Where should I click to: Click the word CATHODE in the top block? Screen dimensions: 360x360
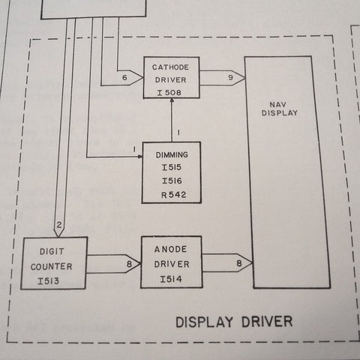170,67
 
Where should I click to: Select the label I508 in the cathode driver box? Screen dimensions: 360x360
169,93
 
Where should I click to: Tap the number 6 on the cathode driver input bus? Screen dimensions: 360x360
124,77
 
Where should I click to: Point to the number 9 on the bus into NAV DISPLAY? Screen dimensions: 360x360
230,77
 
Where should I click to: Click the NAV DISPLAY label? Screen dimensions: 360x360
280,109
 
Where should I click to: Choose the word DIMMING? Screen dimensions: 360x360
172,154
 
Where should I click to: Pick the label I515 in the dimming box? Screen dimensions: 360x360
172,167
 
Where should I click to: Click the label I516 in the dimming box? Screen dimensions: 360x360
172,181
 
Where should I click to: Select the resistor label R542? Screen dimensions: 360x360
174,195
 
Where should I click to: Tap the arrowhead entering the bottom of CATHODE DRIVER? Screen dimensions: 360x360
172,100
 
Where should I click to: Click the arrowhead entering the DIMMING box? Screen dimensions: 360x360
140,157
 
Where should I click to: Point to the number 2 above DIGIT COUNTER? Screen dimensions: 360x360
59,225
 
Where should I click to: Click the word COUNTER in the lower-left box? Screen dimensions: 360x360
52,267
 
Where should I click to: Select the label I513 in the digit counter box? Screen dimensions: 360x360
49,281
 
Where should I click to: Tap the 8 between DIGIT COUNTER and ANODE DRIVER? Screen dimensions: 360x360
129,264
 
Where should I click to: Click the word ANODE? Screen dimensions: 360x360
170,249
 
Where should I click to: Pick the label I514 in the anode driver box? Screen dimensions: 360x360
171,279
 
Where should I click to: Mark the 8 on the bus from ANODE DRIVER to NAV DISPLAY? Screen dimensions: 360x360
239,263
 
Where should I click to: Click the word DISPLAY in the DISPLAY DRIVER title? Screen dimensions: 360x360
204,322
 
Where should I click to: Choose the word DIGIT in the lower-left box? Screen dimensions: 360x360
52,251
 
